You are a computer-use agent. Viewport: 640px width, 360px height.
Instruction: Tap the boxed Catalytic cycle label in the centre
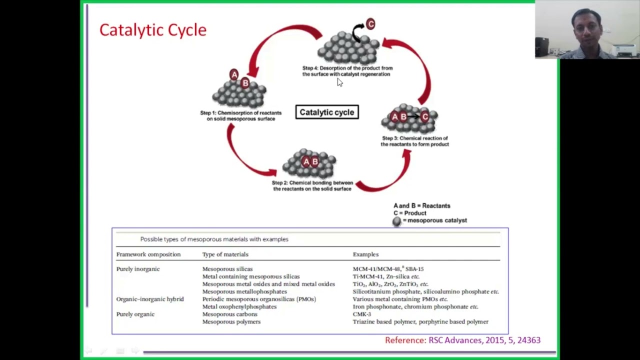[x=327, y=112]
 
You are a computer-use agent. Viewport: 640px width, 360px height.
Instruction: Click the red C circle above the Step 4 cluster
[x=370, y=24]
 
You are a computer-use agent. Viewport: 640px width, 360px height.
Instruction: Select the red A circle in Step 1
[x=234, y=75]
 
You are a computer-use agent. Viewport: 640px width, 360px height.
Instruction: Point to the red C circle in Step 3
[x=425, y=116]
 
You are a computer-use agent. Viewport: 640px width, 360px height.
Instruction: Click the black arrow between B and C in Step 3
[x=413, y=116]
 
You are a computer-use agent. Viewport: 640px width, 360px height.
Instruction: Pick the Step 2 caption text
[x=312, y=185]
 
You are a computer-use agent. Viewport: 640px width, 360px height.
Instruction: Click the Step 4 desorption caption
[x=347, y=71]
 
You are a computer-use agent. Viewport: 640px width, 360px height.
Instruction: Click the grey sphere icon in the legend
[x=397, y=221]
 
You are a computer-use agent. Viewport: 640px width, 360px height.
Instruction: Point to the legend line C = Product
[x=409, y=213]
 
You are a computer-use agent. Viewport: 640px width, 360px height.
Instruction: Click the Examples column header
[x=365, y=254]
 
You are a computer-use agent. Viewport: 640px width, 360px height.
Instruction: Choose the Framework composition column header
[x=148, y=254]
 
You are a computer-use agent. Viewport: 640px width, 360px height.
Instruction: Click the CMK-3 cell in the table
[x=361, y=314]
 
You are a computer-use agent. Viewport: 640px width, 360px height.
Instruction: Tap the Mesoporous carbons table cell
[x=229, y=314]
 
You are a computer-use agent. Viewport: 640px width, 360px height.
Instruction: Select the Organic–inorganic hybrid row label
[x=150, y=299]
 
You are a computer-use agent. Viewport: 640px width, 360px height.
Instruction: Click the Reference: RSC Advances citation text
[x=462, y=340]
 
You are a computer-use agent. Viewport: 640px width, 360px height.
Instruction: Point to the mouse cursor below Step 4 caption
[x=339, y=82]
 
